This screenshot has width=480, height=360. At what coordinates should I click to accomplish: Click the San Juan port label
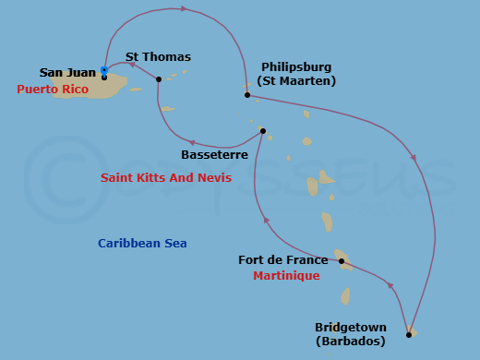67,72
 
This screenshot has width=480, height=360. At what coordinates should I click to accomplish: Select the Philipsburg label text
296,66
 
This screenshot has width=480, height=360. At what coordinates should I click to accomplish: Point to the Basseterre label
213,154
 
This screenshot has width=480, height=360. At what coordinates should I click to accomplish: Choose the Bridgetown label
349,327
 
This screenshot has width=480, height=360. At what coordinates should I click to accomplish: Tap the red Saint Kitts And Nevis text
166,177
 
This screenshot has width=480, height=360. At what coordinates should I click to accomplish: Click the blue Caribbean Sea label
142,244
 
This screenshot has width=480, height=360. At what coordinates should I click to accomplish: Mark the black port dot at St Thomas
159,79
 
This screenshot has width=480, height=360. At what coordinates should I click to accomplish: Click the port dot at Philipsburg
247,95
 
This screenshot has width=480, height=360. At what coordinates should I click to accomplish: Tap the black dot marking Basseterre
263,131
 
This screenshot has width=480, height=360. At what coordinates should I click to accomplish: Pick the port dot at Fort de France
342,261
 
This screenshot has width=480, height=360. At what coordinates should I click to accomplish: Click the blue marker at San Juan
104,70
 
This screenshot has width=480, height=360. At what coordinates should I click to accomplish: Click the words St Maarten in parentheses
296,81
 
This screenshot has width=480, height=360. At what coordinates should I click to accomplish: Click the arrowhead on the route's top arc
185,8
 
